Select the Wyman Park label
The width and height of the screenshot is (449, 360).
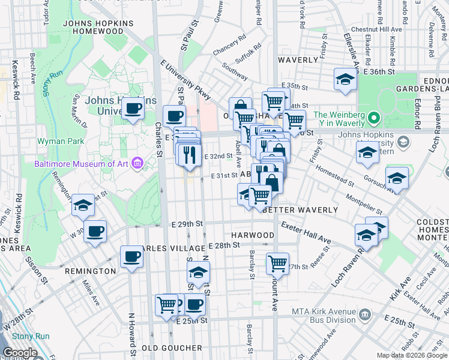point(55,142)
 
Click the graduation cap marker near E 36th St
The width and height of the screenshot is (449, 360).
point(345,80)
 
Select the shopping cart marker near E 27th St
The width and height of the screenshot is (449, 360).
point(277,262)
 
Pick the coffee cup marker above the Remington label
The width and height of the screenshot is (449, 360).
point(131,256)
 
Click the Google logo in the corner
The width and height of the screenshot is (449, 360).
point(20,353)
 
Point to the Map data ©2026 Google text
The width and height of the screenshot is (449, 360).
point(411,355)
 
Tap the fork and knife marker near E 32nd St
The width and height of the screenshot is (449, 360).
point(190,154)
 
